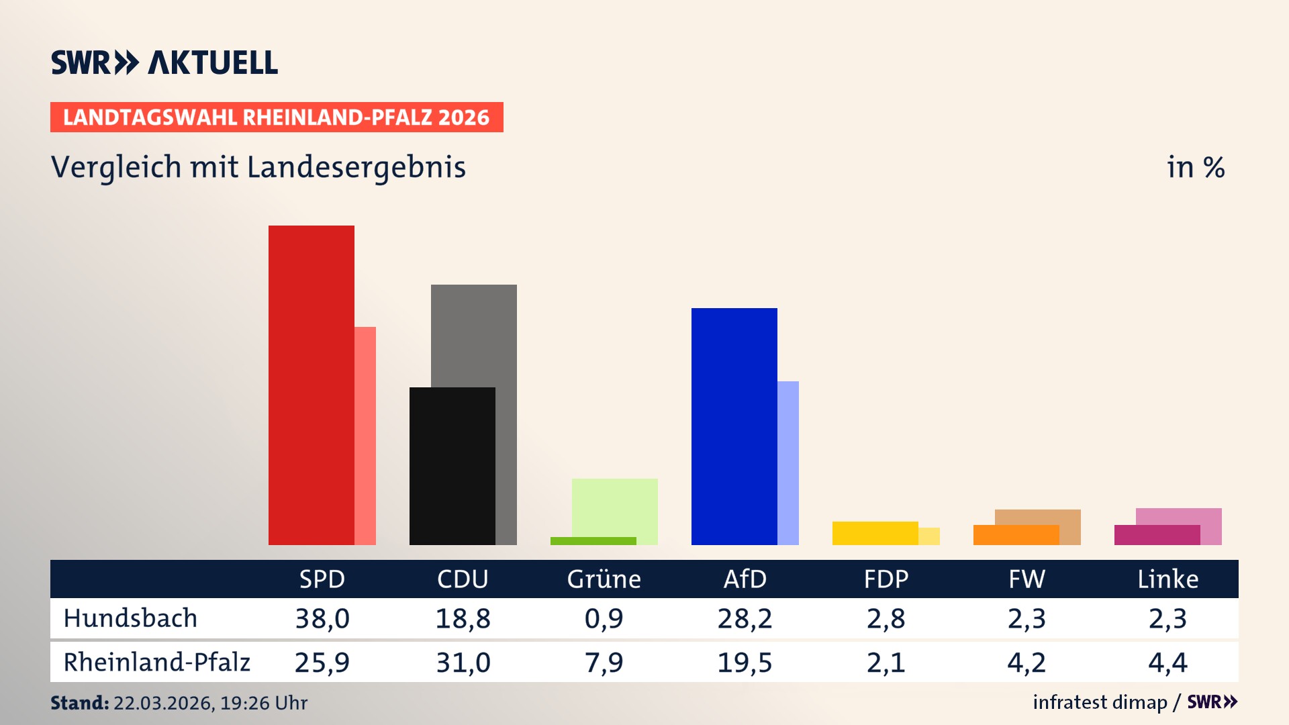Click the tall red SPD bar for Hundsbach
(x=312, y=385)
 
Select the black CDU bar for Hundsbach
(x=452, y=466)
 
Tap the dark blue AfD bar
(x=734, y=426)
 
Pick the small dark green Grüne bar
(x=593, y=541)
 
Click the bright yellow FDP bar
(x=875, y=533)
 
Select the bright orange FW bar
(x=1016, y=535)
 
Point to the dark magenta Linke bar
(x=1157, y=535)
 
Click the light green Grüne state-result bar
(x=615, y=507)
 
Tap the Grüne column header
(x=604, y=579)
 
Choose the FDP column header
(x=886, y=579)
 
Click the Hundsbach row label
(x=130, y=618)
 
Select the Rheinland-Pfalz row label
(x=156, y=663)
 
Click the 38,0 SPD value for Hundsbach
(x=322, y=618)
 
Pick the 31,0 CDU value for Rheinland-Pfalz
(x=463, y=663)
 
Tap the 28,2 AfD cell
(x=745, y=618)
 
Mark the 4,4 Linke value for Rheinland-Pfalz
(x=1167, y=663)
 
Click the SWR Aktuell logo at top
(x=164, y=62)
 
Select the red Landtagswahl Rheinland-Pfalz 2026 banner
(x=277, y=117)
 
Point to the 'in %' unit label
(x=1195, y=167)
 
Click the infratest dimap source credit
(x=1100, y=702)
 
